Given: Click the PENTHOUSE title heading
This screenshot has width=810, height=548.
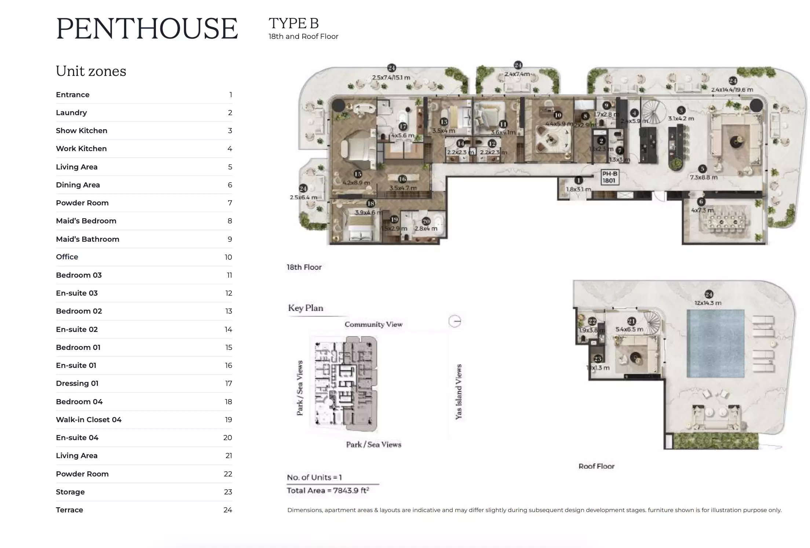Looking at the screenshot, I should (147, 29).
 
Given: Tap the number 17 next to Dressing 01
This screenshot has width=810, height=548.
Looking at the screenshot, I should (229, 383).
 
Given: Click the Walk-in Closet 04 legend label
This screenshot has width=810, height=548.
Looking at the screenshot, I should (88, 420).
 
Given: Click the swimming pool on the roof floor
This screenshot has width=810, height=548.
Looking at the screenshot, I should (715, 343).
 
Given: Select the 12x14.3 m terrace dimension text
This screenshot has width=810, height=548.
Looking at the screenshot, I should (708, 303).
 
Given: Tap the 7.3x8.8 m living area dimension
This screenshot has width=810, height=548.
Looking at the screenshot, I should (703, 177).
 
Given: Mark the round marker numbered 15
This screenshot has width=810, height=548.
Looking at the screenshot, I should (358, 174).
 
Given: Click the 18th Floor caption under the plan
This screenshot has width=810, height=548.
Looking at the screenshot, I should (304, 267).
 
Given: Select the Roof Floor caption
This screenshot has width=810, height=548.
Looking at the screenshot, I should (596, 466).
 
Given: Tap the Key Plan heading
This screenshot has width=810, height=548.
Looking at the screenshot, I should (306, 308).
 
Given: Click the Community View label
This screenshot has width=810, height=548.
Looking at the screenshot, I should (373, 324).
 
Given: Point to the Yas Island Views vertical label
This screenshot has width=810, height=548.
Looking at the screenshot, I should (459, 391).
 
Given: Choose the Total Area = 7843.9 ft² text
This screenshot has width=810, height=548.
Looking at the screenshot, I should (328, 490).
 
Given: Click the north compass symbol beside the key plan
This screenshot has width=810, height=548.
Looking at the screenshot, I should (455, 321).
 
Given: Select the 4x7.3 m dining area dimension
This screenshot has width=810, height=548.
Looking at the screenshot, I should (702, 210).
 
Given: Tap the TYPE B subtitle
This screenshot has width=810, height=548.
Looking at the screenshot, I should (293, 23).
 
